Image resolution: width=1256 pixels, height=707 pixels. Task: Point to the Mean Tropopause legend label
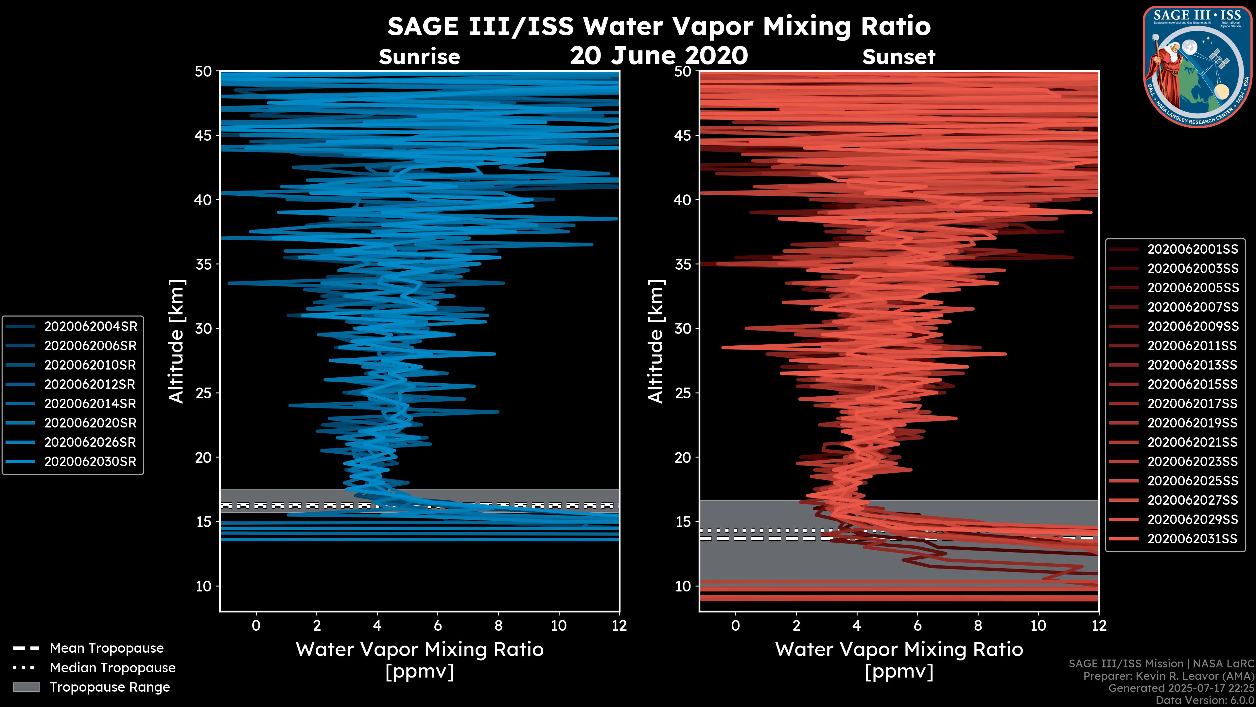coord(107,648)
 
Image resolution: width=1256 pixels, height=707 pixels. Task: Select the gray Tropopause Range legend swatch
coord(26,687)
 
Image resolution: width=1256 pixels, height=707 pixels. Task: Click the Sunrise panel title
coord(419,57)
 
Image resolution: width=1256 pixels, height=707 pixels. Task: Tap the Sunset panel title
coord(898,57)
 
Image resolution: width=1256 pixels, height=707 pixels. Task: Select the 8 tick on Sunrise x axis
coord(498,625)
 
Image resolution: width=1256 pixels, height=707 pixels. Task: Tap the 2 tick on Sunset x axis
coord(796,625)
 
